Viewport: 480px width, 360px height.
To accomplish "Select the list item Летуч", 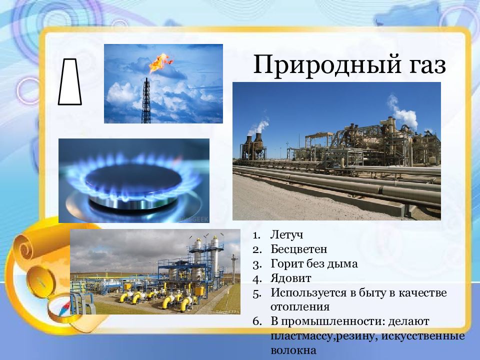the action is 287,235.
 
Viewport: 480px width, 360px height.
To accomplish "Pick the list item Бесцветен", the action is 299,249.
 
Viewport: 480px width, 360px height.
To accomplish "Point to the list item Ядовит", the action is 291,278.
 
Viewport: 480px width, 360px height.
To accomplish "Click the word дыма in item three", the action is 344,264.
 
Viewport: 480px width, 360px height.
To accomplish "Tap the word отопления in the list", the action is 300,307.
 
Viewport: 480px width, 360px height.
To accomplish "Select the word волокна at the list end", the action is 293,350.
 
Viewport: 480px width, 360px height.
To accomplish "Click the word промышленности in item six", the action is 333,321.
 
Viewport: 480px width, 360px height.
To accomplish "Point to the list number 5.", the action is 257,293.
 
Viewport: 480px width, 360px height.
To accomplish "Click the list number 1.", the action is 256,235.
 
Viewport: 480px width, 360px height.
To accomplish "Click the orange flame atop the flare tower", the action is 160,63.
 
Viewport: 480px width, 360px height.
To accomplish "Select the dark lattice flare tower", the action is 146,100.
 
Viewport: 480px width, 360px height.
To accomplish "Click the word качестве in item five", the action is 423,292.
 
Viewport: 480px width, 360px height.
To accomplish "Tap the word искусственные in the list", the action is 423,336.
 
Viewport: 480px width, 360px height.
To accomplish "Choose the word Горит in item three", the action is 285,264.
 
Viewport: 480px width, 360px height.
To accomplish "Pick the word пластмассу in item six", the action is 301,336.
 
